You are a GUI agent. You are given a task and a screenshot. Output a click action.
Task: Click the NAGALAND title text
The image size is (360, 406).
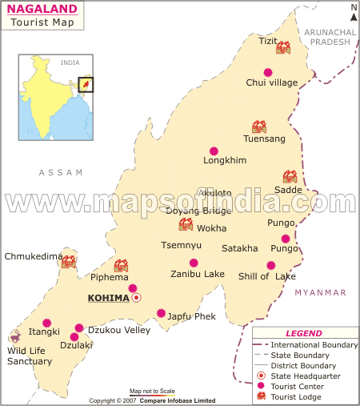click(43, 10)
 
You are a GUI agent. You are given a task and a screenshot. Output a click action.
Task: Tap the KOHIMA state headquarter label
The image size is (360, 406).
click(108, 298)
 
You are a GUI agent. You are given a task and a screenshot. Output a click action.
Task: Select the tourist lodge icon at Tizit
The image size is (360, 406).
click(282, 48)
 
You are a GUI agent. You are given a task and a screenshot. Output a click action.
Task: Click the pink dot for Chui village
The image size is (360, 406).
click(268, 71)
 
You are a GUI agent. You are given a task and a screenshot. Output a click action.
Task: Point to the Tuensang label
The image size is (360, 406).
click(264, 139)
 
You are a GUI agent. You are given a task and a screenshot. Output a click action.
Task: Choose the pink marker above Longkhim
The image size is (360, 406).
click(214, 151)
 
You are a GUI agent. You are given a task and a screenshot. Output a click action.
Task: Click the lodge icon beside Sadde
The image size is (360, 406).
click(289, 177)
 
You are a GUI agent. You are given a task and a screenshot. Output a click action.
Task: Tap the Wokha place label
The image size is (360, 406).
click(212, 227)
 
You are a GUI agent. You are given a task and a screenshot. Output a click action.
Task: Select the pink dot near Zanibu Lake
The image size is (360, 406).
click(194, 263)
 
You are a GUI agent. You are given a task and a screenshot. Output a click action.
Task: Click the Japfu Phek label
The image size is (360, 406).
click(191, 316)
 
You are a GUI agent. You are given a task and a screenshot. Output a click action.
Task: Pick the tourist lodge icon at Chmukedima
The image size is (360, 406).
click(69, 261)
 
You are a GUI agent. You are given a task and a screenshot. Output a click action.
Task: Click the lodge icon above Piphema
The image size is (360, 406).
click(121, 265)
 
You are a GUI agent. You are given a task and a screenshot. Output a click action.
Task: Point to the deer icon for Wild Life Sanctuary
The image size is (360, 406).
click(15, 337)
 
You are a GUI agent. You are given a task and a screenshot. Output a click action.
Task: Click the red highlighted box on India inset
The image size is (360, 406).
click(86, 84)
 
